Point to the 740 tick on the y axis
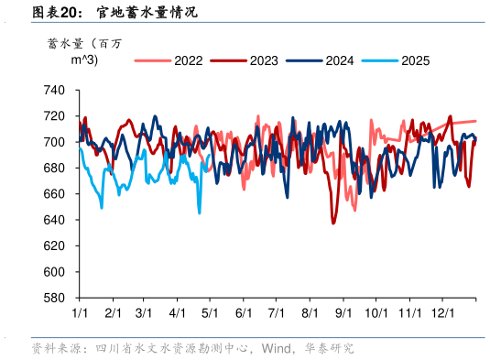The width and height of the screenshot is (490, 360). click(54, 91)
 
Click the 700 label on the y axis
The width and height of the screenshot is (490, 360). click(54, 142)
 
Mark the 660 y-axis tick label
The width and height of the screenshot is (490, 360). click(54, 194)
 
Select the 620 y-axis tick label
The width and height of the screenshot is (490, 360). click(54, 246)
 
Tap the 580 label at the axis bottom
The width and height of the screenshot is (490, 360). click(54, 298)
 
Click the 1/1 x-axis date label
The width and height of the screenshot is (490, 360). click(79, 313)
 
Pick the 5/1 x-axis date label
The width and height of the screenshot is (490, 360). click(210, 313)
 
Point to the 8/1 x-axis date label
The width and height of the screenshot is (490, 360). click(310, 313)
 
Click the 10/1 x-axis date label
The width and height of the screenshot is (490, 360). click(376, 313)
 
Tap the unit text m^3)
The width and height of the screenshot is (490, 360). click(85, 60)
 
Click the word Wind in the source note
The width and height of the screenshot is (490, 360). click(277, 348)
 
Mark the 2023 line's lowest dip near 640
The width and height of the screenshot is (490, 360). click(333, 223)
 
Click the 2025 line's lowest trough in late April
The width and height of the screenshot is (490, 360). click(200, 213)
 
